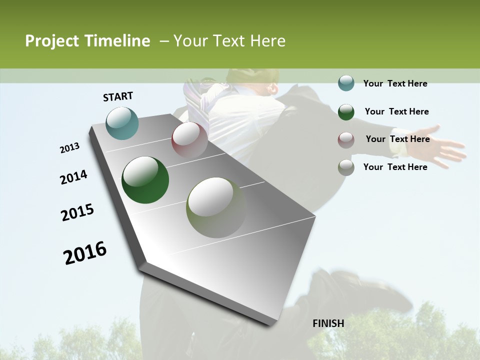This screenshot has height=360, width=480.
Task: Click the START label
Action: pos(118,96)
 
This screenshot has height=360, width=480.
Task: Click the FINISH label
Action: pos(328,323)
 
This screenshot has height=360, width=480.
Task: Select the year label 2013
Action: pos(69,148)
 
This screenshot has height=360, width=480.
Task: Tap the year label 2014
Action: pos(73,177)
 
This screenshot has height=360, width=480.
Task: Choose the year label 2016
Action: pos(85,253)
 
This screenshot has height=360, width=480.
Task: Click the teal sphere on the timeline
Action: pos(122,123)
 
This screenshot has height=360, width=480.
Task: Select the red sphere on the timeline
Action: pos(189,139)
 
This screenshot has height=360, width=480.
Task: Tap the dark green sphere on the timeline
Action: pos(145,180)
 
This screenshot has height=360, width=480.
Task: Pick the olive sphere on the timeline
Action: pos(216,207)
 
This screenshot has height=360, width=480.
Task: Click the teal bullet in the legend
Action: pos(346,83)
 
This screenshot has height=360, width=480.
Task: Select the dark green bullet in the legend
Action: pos(346,112)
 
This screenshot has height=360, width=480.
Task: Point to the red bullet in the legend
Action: pos(346,140)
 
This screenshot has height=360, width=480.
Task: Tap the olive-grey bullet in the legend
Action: pos(346,167)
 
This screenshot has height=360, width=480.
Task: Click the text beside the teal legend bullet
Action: pos(395,83)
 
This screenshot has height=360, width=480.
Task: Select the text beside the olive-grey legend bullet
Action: pos(395,167)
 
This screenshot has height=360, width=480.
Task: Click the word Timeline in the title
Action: pos(117,41)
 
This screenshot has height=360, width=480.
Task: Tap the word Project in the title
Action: pos(51,41)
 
